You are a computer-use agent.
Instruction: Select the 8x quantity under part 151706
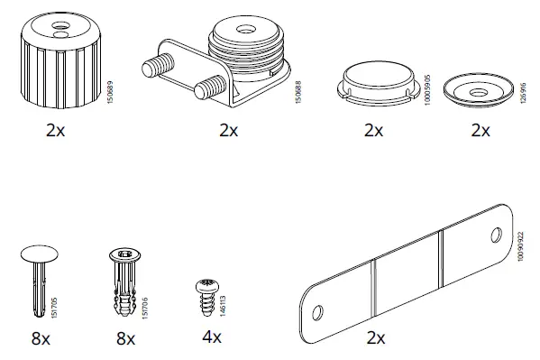point(124,338)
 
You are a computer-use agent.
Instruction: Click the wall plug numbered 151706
point(125,282)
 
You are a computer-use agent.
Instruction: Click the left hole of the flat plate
point(318,312)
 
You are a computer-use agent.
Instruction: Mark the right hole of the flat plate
point(494,236)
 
